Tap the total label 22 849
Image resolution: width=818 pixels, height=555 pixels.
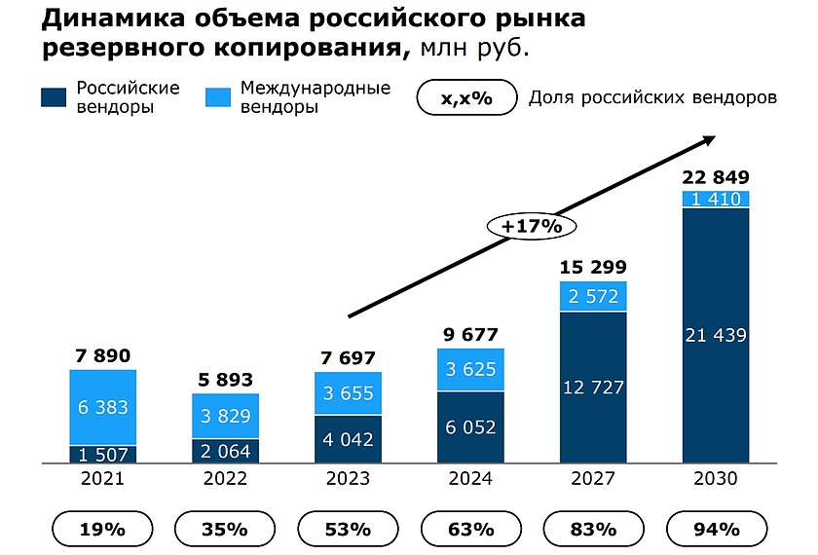tap(716, 177)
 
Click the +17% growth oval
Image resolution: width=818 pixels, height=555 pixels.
tap(533, 226)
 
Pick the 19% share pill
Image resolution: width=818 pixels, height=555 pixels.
tap(103, 530)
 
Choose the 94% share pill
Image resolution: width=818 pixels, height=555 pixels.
tap(716, 530)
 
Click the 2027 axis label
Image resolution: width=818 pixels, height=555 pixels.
tap(593, 479)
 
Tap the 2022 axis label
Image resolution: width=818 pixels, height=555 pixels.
tap(226, 479)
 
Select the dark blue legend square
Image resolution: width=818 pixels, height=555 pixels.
tap(54, 97)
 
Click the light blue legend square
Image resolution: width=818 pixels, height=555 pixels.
tap(218, 97)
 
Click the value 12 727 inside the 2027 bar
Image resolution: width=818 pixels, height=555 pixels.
tap(593, 387)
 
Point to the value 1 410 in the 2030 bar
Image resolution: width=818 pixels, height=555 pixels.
tap(716, 200)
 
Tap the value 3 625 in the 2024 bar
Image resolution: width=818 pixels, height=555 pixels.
tap(470, 369)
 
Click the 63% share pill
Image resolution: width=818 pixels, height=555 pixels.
tap(470, 530)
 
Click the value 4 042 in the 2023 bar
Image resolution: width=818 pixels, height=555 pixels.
tap(348, 439)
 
